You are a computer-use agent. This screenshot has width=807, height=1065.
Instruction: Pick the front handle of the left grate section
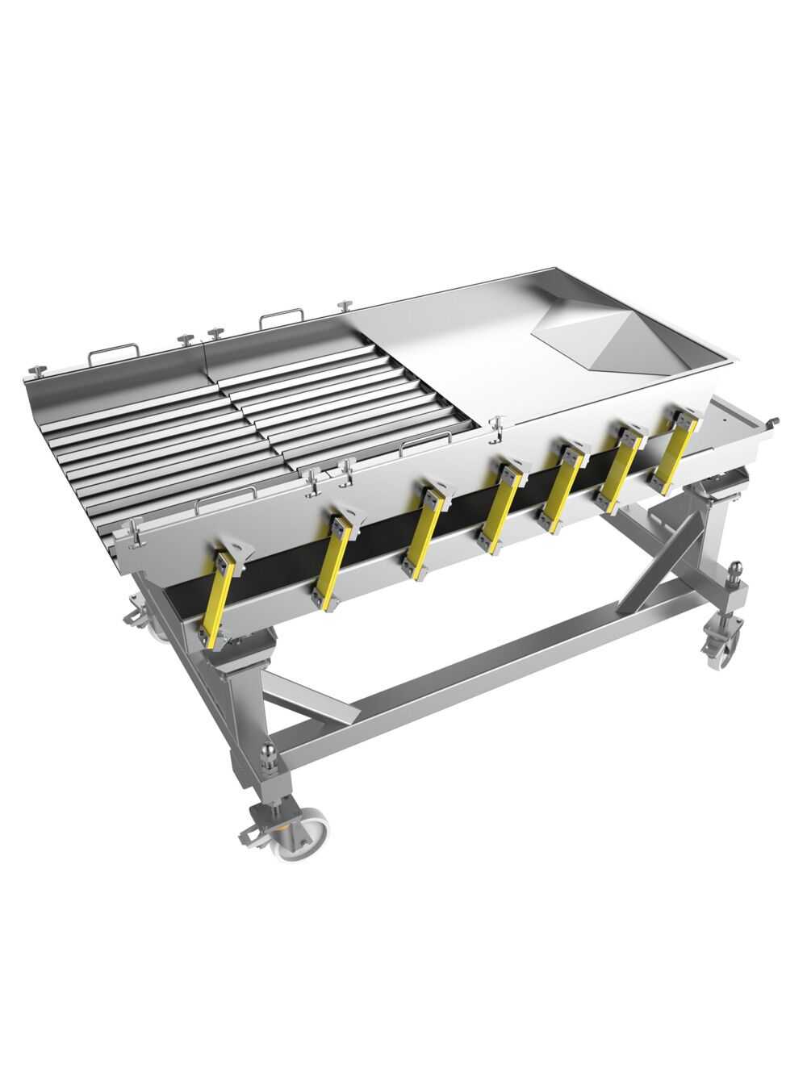click(227, 495)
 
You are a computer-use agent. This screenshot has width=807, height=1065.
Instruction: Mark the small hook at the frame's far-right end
click(776, 421)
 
